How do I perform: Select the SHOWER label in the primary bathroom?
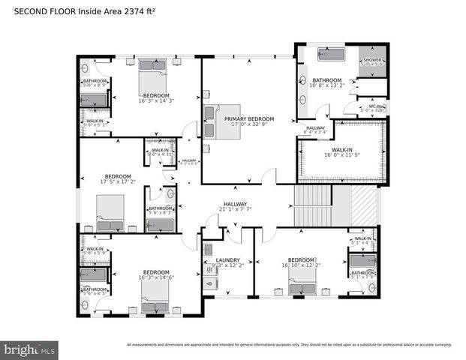(x=372, y=59)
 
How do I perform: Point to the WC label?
(x=372, y=106)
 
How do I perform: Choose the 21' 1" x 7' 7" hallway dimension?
(x=235, y=209)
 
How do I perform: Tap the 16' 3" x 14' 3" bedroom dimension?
(x=156, y=101)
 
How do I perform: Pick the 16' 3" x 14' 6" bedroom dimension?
(x=156, y=277)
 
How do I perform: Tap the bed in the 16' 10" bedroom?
(x=303, y=286)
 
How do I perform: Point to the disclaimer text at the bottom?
(x=289, y=345)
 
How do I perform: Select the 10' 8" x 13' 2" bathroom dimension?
(x=327, y=85)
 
